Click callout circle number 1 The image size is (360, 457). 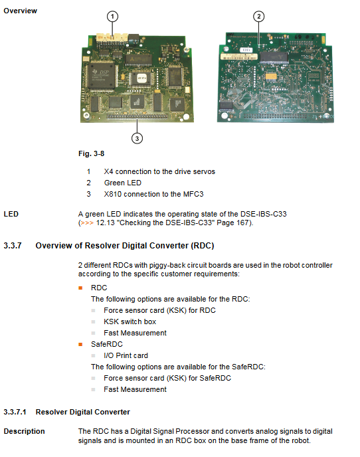(x=112, y=17)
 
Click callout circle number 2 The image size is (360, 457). (x=258, y=17)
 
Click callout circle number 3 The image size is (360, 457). (x=137, y=138)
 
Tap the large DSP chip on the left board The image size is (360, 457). (x=101, y=75)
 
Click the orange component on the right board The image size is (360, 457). (x=271, y=76)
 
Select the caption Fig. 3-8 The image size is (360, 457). (x=91, y=153)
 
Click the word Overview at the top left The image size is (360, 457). (x=21, y=11)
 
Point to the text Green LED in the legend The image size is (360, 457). (x=123, y=183)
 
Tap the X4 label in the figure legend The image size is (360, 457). (x=108, y=171)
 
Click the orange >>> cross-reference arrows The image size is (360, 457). (x=87, y=223)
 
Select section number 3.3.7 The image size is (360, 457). (x=13, y=246)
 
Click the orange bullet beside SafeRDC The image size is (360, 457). (x=81, y=345)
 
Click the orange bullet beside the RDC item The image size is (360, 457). (x=81, y=288)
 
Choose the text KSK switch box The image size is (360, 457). (x=130, y=321)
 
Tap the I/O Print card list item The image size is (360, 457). (x=126, y=355)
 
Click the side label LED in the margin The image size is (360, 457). (x=11, y=214)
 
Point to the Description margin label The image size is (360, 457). (x=24, y=431)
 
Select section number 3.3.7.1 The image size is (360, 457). (x=15, y=412)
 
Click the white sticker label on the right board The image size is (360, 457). (x=238, y=56)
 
